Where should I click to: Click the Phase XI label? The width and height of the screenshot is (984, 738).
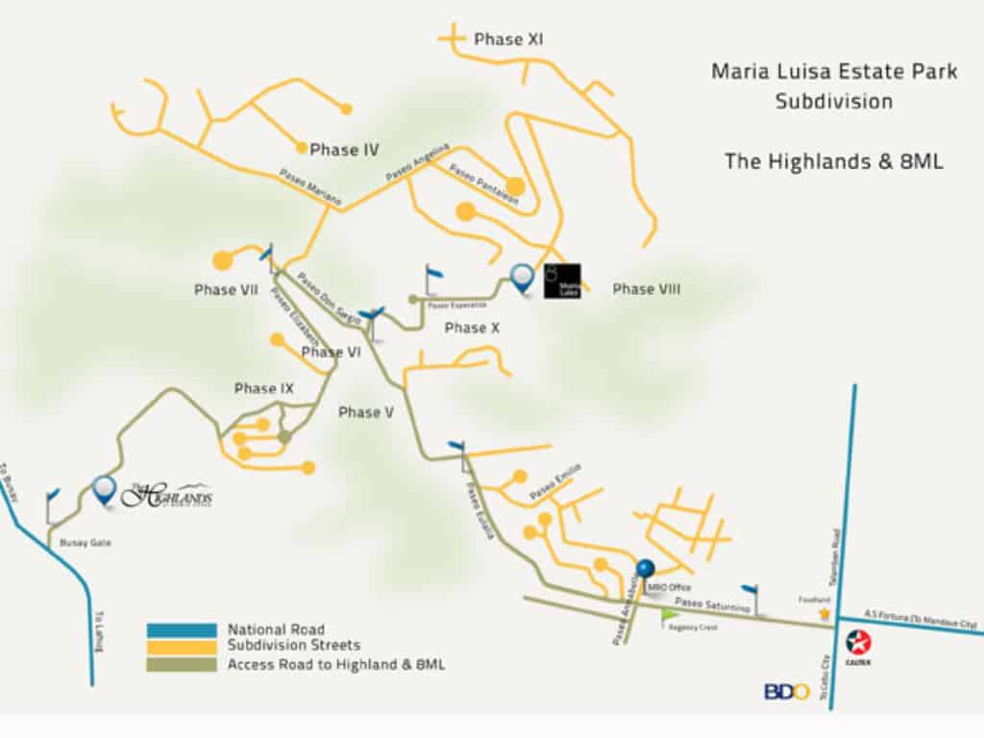509,40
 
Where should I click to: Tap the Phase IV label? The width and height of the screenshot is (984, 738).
344,150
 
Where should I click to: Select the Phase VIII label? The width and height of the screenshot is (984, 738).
646,289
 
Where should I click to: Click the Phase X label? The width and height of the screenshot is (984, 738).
472,329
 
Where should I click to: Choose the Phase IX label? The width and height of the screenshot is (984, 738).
263,388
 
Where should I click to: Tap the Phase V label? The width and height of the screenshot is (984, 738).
366,412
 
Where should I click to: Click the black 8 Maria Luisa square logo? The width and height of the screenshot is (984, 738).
562,280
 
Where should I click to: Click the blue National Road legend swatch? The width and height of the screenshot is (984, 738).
182,630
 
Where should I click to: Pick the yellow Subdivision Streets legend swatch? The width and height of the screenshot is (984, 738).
182,647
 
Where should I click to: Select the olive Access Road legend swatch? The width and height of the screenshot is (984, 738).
182,663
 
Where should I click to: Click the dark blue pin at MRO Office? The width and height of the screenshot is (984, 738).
646,570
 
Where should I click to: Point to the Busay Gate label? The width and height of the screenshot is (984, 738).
86,543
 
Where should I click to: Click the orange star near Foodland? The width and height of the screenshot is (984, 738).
824,612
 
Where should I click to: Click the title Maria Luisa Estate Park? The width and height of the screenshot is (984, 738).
834,72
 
